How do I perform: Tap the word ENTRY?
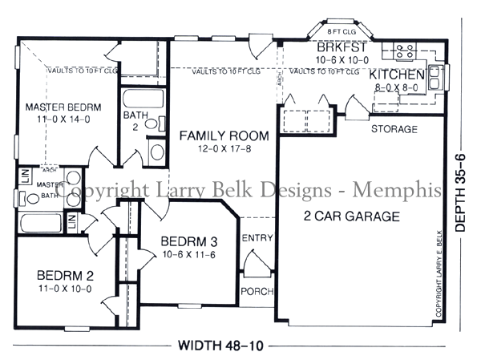point(257,238)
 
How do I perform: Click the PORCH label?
point(257,291)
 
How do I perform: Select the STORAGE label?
point(394,129)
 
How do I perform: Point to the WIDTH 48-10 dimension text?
point(220,346)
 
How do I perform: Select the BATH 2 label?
point(134,121)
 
